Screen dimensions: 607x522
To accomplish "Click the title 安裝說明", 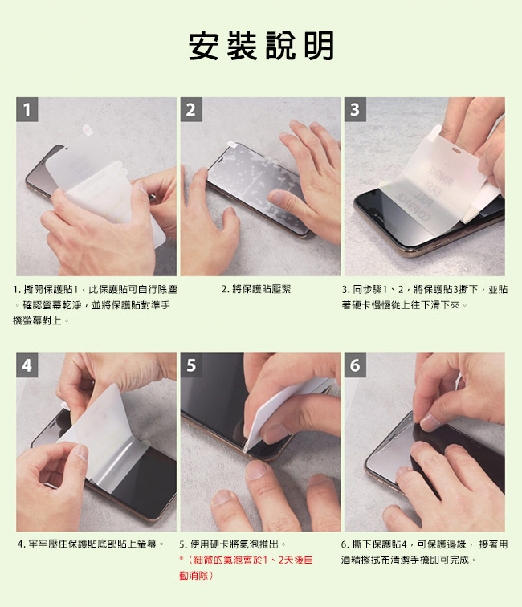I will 261,47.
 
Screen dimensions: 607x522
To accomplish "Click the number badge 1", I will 28,109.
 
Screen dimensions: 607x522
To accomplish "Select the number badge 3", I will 354,109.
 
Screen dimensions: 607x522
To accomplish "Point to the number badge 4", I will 28,365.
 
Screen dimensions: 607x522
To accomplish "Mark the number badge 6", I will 354,365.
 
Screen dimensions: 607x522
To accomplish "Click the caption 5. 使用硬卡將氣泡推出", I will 233,544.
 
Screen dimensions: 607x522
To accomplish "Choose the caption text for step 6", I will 424,551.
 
